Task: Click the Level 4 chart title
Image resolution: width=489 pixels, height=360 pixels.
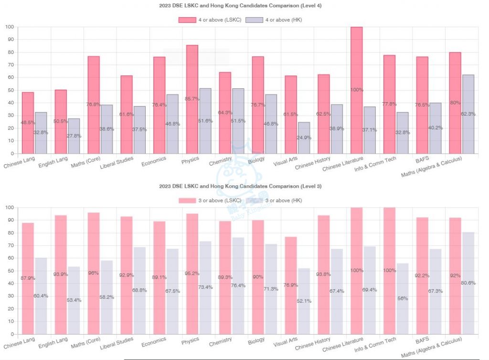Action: (x=240, y=6)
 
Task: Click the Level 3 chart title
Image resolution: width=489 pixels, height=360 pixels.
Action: (x=240, y=186)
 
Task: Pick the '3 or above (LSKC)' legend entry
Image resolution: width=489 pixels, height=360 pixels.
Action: (x=210, y=200)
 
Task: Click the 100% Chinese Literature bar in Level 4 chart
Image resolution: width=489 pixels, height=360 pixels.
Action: (x=357, y=91)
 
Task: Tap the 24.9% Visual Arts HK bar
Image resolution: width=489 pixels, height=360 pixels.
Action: (x=304, y=138)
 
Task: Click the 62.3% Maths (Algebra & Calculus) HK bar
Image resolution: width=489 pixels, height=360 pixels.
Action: (x=468, y=115)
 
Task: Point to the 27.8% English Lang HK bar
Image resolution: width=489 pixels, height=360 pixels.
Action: (x=74, y=136)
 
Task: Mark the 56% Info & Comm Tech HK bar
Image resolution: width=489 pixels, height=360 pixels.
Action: (x=403, y=298)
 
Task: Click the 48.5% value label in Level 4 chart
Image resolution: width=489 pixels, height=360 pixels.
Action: (x=27, y=123)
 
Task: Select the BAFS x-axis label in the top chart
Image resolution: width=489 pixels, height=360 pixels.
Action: (x=422, y=160)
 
